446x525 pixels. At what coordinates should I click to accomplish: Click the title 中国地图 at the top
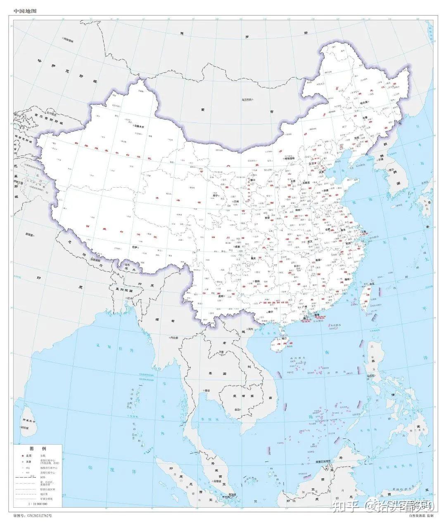25,11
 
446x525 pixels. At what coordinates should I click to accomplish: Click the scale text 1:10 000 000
37,504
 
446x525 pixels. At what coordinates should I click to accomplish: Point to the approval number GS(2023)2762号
33,516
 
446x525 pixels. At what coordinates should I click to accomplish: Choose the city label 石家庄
306,182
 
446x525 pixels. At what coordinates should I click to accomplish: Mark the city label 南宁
271,312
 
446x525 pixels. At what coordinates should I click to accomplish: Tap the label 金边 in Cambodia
237,410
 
